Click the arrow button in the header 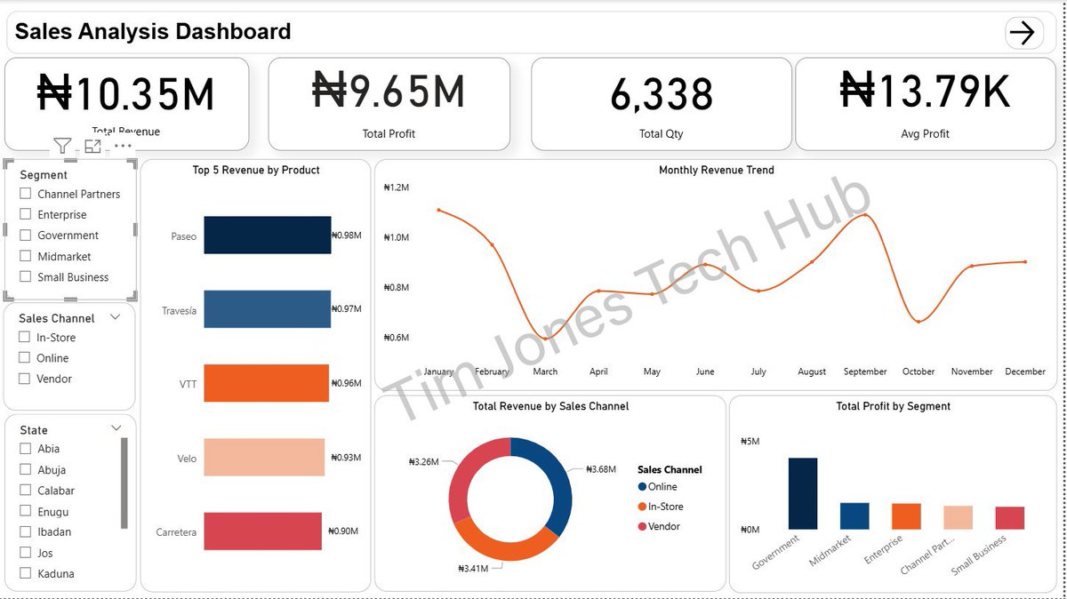point(1023,33)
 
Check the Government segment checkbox point(26,236)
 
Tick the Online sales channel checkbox point(26,358)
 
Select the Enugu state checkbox point(26,512)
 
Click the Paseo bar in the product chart point(267,236)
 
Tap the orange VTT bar point(266,383)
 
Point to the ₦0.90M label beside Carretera point(343,531)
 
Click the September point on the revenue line point(865,215)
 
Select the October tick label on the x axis point(919,371)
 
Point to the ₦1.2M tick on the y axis point(396,188)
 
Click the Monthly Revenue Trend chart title point(716,170)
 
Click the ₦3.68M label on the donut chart point(601,469)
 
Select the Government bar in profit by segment point(802,493)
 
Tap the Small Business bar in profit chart point(1009,517)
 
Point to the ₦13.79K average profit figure point(925,92)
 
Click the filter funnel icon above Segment point(61,146)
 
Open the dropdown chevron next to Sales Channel point(115,317)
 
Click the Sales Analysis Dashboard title point(153,32)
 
